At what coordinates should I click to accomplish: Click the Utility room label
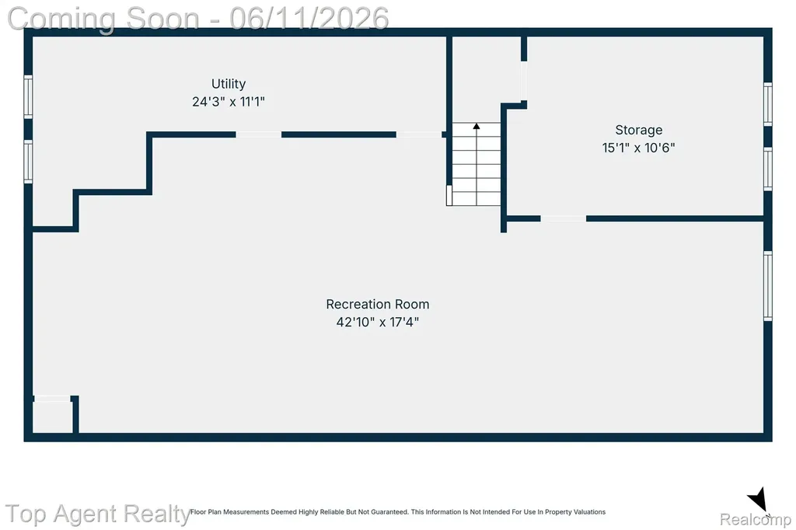pos(229,84)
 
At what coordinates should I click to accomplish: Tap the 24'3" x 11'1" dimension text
pos(229,102)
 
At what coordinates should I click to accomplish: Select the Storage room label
pos(639,131)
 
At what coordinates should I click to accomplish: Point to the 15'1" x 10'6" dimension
pos(639,148)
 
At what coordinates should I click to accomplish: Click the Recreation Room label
pos(378,304)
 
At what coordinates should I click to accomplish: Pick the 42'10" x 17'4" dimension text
pos(378,322)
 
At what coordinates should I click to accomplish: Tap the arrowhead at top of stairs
pos(477,126)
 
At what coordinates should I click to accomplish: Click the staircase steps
pos(477,164)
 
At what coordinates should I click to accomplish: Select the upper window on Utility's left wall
pos(29,97)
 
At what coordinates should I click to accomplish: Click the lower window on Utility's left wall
pos(29,162)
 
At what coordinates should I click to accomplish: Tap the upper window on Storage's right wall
pos(768,104)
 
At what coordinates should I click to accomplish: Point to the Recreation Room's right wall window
pos(768,286)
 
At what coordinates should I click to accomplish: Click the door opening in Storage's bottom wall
pos(564,219)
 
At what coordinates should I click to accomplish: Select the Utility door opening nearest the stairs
pos(419,134)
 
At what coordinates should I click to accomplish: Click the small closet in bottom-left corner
pos(52,417)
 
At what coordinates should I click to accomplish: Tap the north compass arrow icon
pos(758,499)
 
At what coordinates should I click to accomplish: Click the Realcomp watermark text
pos(756,519)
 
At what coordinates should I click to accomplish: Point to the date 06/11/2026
pos(309,19)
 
